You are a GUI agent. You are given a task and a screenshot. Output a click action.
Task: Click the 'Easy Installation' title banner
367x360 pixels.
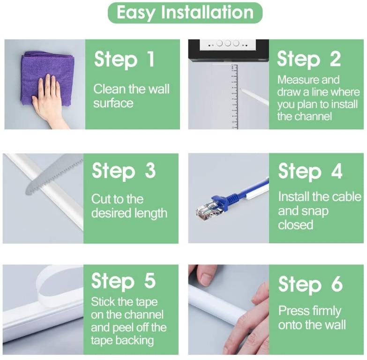(x=185, y=13)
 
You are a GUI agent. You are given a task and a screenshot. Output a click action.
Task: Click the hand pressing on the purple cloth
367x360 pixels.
(x=50, y=101)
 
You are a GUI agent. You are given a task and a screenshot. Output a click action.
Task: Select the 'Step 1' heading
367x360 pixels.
(x=124, y=60)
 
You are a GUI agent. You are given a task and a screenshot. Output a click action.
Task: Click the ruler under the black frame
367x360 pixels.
(x=234, y=97)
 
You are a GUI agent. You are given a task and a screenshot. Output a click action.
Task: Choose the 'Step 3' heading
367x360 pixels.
(x=124, y=171)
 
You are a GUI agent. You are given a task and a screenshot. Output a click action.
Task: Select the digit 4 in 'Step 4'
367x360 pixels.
(x=337, y=171)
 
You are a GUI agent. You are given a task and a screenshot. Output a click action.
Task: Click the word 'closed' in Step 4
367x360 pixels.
(x=296, y=225)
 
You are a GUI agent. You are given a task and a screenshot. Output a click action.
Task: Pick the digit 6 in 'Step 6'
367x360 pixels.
(x=337, y=284)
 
